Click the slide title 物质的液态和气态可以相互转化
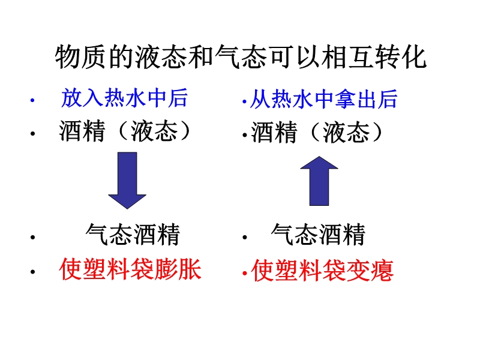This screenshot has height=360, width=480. point(241,57)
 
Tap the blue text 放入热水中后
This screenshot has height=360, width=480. point(124,98)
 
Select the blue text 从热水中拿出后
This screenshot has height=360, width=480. point(323,100)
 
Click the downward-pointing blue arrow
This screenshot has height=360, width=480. point(127,181)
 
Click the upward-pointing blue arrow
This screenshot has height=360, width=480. point(319,181)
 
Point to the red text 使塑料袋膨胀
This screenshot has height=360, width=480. point(130,269)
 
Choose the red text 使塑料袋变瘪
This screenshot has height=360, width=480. point(322,271)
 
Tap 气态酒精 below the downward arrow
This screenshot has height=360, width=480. point(133,235)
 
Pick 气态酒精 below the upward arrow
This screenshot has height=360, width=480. point(319,235)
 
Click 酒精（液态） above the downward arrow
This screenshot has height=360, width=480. point(125,131)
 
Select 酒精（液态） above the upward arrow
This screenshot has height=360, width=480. point(317,133)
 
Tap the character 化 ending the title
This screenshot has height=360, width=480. point(415,57)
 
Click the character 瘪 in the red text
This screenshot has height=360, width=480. point(382,271)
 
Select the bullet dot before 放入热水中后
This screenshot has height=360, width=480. point(32,100)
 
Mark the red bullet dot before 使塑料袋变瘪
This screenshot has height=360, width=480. point(245,272)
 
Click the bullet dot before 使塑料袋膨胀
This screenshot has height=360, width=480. point(32,271)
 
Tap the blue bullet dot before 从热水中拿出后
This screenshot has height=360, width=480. point(244,101)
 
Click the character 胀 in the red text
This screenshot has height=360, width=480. point(190,269)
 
